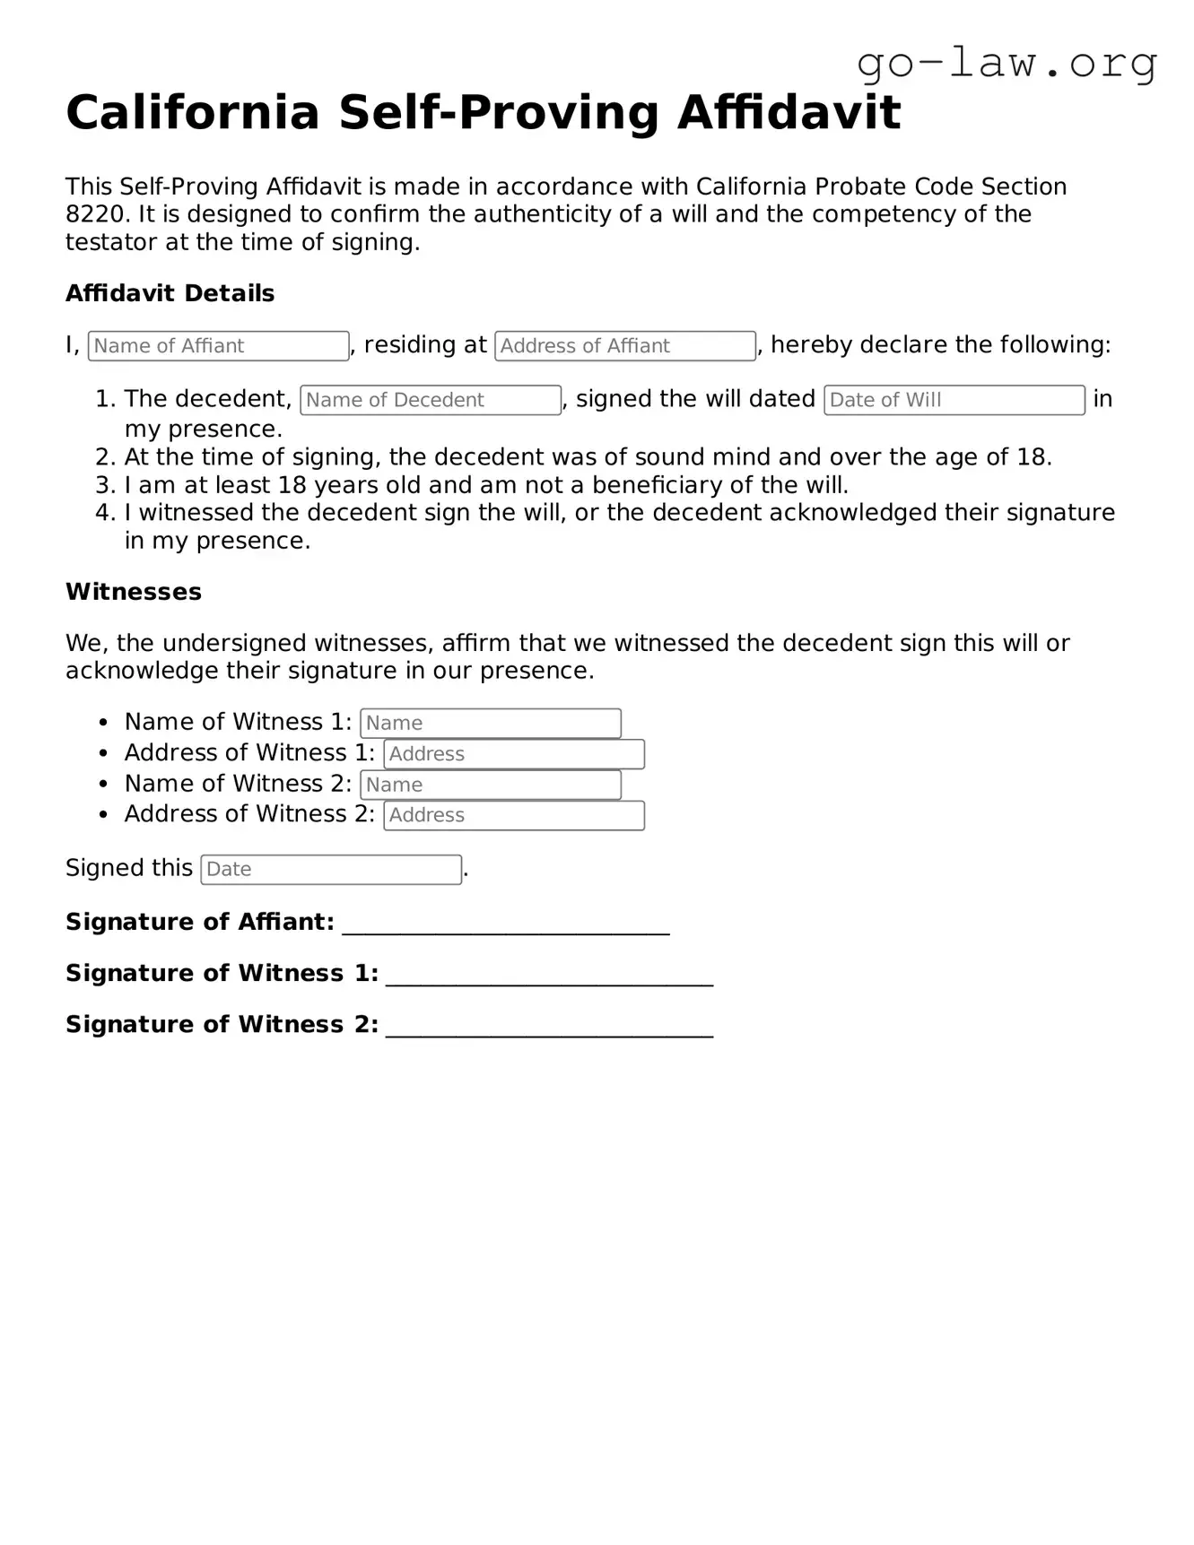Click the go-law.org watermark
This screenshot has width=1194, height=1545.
point(1007,63)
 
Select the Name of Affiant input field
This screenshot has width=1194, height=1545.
point(218,346)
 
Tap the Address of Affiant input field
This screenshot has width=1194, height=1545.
point(624,346)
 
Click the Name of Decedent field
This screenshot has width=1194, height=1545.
point(431,400)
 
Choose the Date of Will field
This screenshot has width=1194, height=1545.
point(954,400)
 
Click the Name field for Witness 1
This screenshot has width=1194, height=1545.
point(490,724)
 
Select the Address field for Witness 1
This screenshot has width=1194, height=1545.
point(513,754)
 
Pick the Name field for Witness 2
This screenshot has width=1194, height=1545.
point(490,786)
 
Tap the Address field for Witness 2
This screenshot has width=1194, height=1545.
point(513,816)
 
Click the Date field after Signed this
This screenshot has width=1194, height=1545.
point(330,870)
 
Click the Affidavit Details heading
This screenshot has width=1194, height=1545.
point(170,293)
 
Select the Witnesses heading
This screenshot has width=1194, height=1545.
point(134,592)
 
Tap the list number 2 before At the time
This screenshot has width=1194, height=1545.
point(104,457)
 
